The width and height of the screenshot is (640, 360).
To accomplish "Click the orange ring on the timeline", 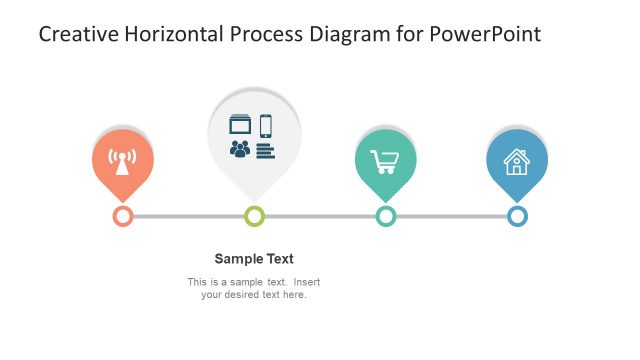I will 123,216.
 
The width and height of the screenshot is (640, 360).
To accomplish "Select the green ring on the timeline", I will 254,216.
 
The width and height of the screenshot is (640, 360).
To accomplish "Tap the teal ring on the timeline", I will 386,216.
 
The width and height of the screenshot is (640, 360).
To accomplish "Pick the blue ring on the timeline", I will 517,216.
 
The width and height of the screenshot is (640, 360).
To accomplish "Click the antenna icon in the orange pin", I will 122,161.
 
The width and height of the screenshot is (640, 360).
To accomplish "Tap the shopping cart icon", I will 383,160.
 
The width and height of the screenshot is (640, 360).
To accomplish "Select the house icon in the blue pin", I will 517,161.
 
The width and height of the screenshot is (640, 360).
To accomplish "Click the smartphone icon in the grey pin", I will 266,126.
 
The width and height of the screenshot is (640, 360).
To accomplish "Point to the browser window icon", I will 240,125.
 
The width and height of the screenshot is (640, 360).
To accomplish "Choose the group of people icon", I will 240,150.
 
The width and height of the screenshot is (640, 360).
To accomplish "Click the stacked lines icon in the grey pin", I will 265,150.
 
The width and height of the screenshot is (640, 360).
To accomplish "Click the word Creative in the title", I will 76,34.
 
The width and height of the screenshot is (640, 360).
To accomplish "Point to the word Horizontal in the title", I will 174,34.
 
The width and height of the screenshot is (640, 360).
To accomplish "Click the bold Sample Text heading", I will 254,258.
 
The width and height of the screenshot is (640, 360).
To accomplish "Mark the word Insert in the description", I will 303,282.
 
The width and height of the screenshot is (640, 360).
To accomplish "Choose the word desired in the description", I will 245,295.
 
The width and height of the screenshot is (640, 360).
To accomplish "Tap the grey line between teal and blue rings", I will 451,216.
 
